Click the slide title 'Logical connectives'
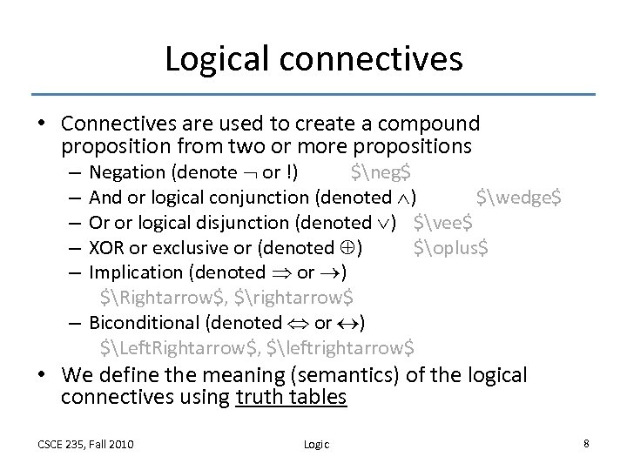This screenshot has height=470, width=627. pos(313,59)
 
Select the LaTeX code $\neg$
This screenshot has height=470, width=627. pos(381,172)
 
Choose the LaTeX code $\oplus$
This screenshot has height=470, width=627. pos(451,246)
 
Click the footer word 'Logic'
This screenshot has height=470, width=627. pos(316,444)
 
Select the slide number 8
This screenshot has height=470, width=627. pos(586,443)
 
